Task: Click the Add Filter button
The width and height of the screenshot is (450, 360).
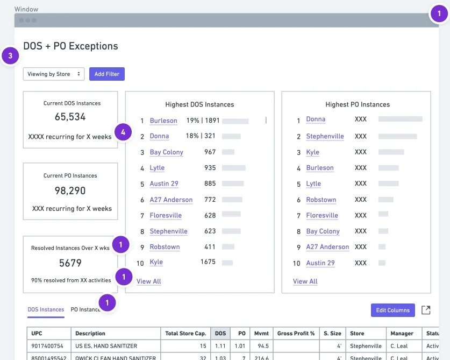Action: [x=106, y=74]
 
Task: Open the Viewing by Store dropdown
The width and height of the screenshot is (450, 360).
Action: [x=53, y=74]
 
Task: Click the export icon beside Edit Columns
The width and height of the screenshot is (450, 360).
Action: [x=425, y=310]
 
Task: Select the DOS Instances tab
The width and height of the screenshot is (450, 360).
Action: [x=46, y=309]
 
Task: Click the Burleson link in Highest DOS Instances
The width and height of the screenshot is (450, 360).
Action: [x=163, y=121]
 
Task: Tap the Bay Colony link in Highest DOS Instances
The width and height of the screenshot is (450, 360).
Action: [x=166, y=152]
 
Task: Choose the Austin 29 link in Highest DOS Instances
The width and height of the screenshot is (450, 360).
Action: [x=164, y=183]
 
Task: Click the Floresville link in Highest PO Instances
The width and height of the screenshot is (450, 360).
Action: [x=322, y=215]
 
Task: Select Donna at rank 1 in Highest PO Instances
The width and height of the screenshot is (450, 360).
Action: [x=316, y=119]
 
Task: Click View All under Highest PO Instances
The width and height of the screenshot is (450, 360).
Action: [x=305, y=281]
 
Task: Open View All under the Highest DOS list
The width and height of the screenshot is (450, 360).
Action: [x=148, y=281]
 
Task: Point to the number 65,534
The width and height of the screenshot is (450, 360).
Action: [x=70, y=117]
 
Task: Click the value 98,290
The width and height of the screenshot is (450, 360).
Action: [x=70, y=190]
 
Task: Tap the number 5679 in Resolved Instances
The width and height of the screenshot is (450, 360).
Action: [x=70, y=263]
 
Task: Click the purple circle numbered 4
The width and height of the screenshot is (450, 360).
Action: [x=124, y=131]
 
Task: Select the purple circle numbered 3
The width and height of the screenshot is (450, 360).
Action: [x=11, y=55]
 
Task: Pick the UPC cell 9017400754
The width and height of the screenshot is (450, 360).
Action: [x=47, y=346]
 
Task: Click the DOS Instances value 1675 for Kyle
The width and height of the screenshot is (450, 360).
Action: [x=208, y=262]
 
